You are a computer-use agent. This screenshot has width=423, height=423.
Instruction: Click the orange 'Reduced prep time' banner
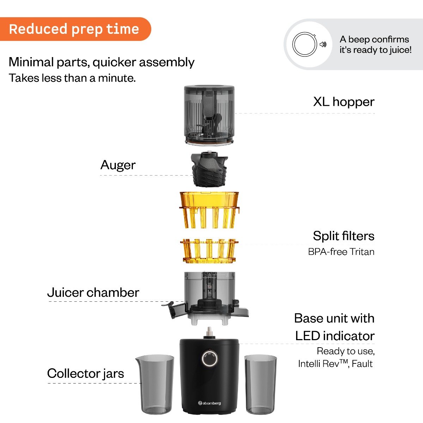click(74, 29)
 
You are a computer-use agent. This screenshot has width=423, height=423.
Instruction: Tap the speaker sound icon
click(323, 44)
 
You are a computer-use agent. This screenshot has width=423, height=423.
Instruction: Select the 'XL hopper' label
click(344, 102)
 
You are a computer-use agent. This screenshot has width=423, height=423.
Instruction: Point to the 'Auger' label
click(118, 165)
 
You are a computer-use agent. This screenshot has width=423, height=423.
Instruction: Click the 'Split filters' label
click(343, 236)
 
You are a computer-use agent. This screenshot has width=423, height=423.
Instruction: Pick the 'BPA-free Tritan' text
click(341, 252)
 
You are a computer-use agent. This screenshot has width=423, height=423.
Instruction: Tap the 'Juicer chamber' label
click(93, 293)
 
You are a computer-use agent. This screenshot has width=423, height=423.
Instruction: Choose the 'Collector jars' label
click(86, 373)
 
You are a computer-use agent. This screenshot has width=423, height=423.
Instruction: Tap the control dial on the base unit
click(209, 359)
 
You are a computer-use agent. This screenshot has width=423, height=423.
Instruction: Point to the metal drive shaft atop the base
click(209, 332)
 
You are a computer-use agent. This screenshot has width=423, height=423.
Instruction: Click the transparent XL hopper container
click(209, 115)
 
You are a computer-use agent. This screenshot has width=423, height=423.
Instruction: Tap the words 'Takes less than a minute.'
click(72, 78)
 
